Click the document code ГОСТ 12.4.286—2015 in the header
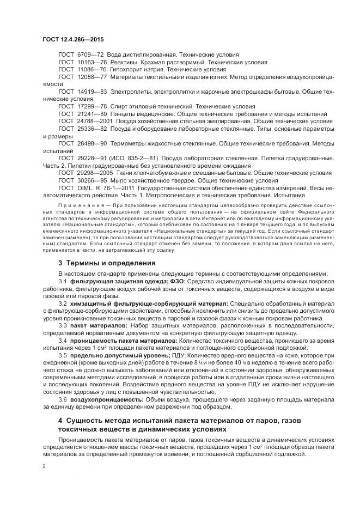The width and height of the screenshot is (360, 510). pos(72,41)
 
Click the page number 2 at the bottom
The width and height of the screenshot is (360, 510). pos(44,466)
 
